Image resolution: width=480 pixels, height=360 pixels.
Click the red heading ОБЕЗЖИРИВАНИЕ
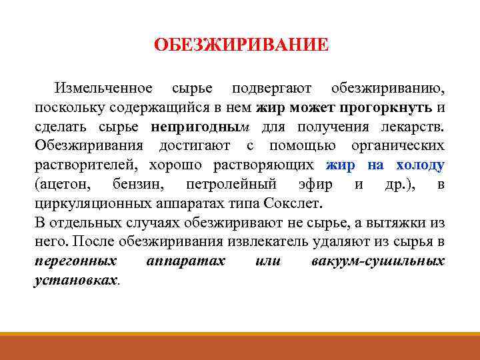pyautogui.click(x=241, y=46)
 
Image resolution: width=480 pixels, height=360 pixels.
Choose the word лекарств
pyautogui.click(x=415, y=127)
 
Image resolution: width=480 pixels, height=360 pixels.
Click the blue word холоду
pyautogui.click(x=421, y=165)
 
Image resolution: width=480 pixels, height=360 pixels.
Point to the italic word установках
pyautogui.click(x=75, y=280)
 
